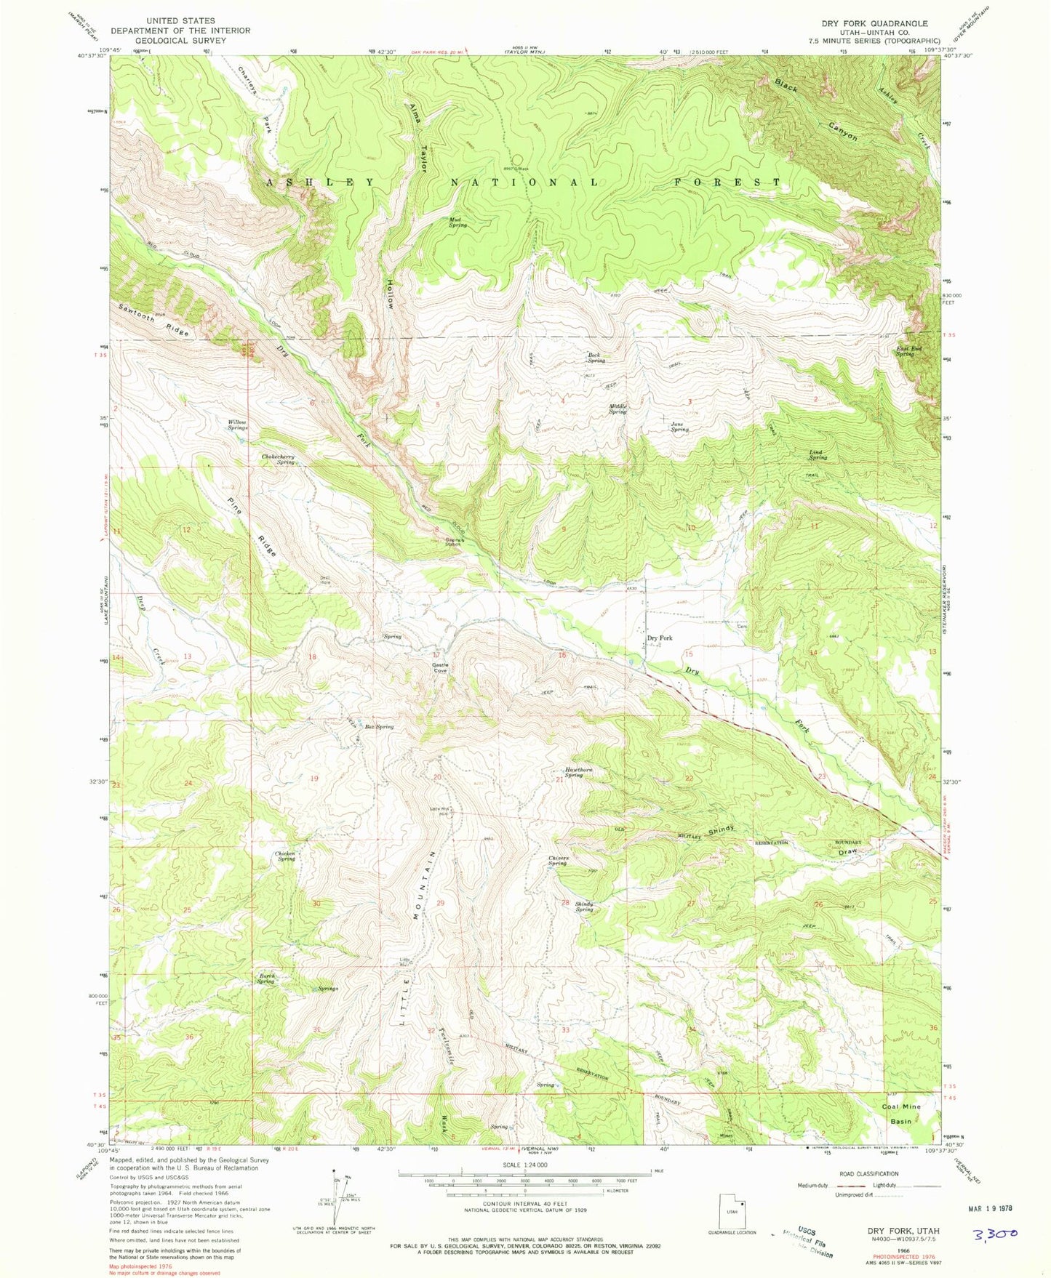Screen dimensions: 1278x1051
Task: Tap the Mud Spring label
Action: (x=457, y=222)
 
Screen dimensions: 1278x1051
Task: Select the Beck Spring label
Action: (x=596, y=357)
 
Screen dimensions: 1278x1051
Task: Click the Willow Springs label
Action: (x=237, y=424)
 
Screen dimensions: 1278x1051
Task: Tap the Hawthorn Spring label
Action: (x=575, y=773)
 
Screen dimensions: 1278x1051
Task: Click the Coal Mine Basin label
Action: (x=901, y=1114)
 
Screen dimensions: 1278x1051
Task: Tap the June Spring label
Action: (x=679, y=426)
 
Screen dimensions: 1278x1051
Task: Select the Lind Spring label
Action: (x=818, y=455)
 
